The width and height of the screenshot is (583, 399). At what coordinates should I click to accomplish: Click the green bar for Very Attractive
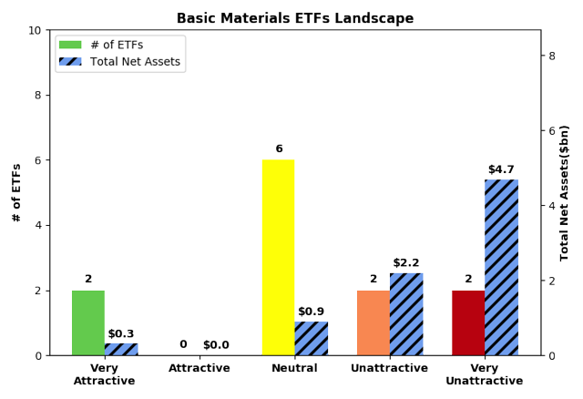tap(88, 322)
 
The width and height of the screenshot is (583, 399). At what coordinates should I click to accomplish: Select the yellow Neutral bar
tap(278, 257)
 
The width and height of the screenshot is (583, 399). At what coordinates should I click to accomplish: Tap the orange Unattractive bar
tap(373, 322)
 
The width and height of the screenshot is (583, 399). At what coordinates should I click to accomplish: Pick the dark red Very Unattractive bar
tap(468, 322)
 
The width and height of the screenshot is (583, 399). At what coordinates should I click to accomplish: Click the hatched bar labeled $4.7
tap(501, 267)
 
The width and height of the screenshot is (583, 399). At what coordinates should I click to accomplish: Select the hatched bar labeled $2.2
tap(406, 313)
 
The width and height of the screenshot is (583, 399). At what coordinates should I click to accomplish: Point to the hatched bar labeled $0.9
tap(312, 338)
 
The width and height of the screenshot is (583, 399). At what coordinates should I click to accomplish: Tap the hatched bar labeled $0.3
tap(121, 349)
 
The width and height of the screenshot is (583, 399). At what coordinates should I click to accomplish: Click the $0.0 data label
tap(216, 344)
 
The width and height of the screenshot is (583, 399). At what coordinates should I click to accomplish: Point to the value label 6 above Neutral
tap(279, 148)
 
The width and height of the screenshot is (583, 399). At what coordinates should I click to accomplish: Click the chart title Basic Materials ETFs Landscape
tap(295, 18)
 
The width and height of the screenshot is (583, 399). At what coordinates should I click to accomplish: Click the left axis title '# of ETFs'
tap(16, 192)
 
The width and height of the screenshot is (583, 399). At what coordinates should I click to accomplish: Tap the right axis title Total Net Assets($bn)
tap(565, 192)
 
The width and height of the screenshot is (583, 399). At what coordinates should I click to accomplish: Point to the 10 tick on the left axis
tap(35, 30)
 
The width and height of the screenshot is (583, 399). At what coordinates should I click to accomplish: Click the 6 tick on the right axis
tap(551, 130)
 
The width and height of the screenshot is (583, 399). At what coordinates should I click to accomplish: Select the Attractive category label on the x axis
tap(199, 368)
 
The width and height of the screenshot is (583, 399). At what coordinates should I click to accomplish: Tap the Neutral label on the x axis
tap(294, 368)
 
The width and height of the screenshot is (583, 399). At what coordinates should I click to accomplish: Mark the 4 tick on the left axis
tap(38, 225)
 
